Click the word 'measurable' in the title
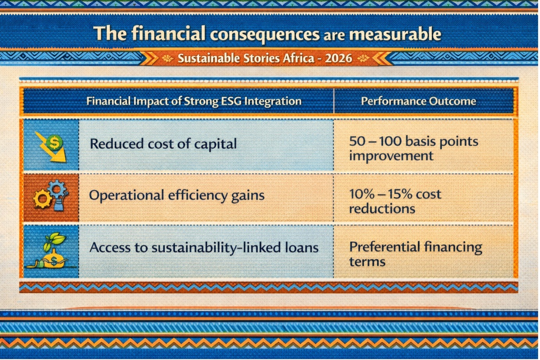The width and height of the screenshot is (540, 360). pos(395,34)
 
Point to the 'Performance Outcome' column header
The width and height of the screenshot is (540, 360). pos(418,101)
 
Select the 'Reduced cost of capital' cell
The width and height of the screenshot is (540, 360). pos(163,144)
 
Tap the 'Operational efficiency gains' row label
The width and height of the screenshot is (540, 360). pos(177,195)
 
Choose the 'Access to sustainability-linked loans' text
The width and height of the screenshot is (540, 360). pos(204,248)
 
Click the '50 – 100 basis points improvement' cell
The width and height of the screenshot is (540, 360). pos(414,148)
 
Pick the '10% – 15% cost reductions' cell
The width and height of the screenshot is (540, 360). pos(395,201)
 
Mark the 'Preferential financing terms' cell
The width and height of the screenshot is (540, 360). pos(416,254)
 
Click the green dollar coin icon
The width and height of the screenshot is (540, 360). pos(54,143)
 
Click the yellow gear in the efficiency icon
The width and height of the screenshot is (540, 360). pos(43,199)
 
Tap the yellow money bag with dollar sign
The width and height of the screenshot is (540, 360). pos(54,259)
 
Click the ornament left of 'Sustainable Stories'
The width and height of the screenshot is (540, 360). pos(167,59)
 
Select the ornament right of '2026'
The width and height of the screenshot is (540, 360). pos(363,59)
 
